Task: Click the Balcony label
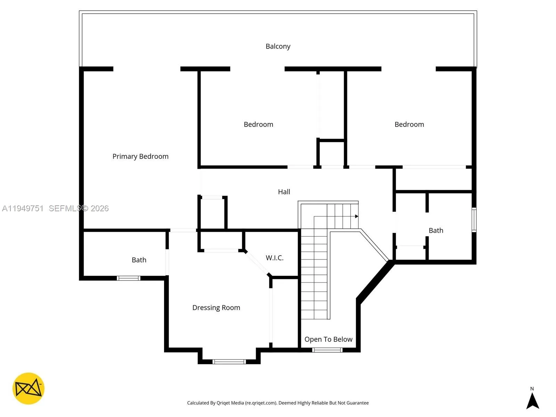[x=278, y=46]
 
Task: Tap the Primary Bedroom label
[x=140, y=156]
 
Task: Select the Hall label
[x=284, y=192]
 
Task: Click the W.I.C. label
[x=275, y=258]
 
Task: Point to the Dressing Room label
[x=216, y=308]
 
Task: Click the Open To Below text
[x=328, y=339]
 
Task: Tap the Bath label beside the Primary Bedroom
[x=139, y=260]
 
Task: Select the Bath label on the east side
[x=436, y=230]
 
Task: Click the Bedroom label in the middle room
[x=258, y=124]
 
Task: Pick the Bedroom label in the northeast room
[x=409, y=124]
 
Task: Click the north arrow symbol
[x=532, y=401]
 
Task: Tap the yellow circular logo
[x=28, y=389]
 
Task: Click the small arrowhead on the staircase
[x=357, y=216]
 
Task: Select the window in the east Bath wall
[x=474, y=220]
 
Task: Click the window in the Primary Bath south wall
[x=128, y=278]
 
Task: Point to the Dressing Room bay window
[x=229, y=362]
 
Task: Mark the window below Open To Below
[x=327, y=350]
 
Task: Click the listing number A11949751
[x=23, y=208]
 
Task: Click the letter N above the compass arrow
[x=532, y=389]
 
